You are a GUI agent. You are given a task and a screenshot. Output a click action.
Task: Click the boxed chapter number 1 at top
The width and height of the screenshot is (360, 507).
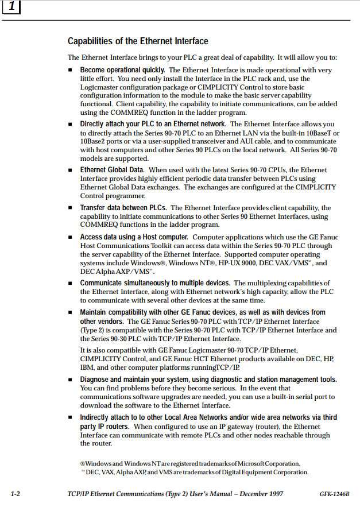[12, 9]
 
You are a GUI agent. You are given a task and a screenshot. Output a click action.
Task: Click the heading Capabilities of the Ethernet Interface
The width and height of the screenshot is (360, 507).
[138, 41]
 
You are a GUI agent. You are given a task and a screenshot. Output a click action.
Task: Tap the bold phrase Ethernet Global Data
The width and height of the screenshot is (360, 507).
[111, 170]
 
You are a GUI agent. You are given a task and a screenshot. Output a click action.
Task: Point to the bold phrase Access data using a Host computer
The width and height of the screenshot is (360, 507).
[134, 237]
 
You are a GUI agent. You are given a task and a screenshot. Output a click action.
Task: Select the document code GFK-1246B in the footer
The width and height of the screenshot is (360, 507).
[335, 494]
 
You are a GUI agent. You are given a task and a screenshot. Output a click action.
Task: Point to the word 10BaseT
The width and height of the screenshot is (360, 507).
[321, 133]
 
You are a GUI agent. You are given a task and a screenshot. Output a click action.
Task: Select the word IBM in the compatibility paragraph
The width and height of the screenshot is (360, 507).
[87, 367]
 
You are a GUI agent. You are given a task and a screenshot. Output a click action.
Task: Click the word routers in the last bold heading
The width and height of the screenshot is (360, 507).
[117, 427]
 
